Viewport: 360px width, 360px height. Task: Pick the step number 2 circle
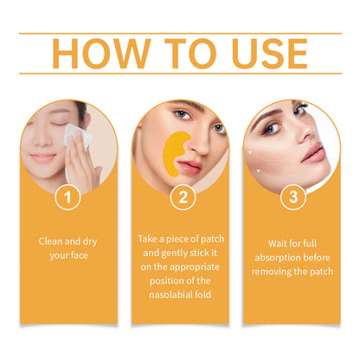(180, 197)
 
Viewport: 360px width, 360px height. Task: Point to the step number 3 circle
(293, 197)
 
